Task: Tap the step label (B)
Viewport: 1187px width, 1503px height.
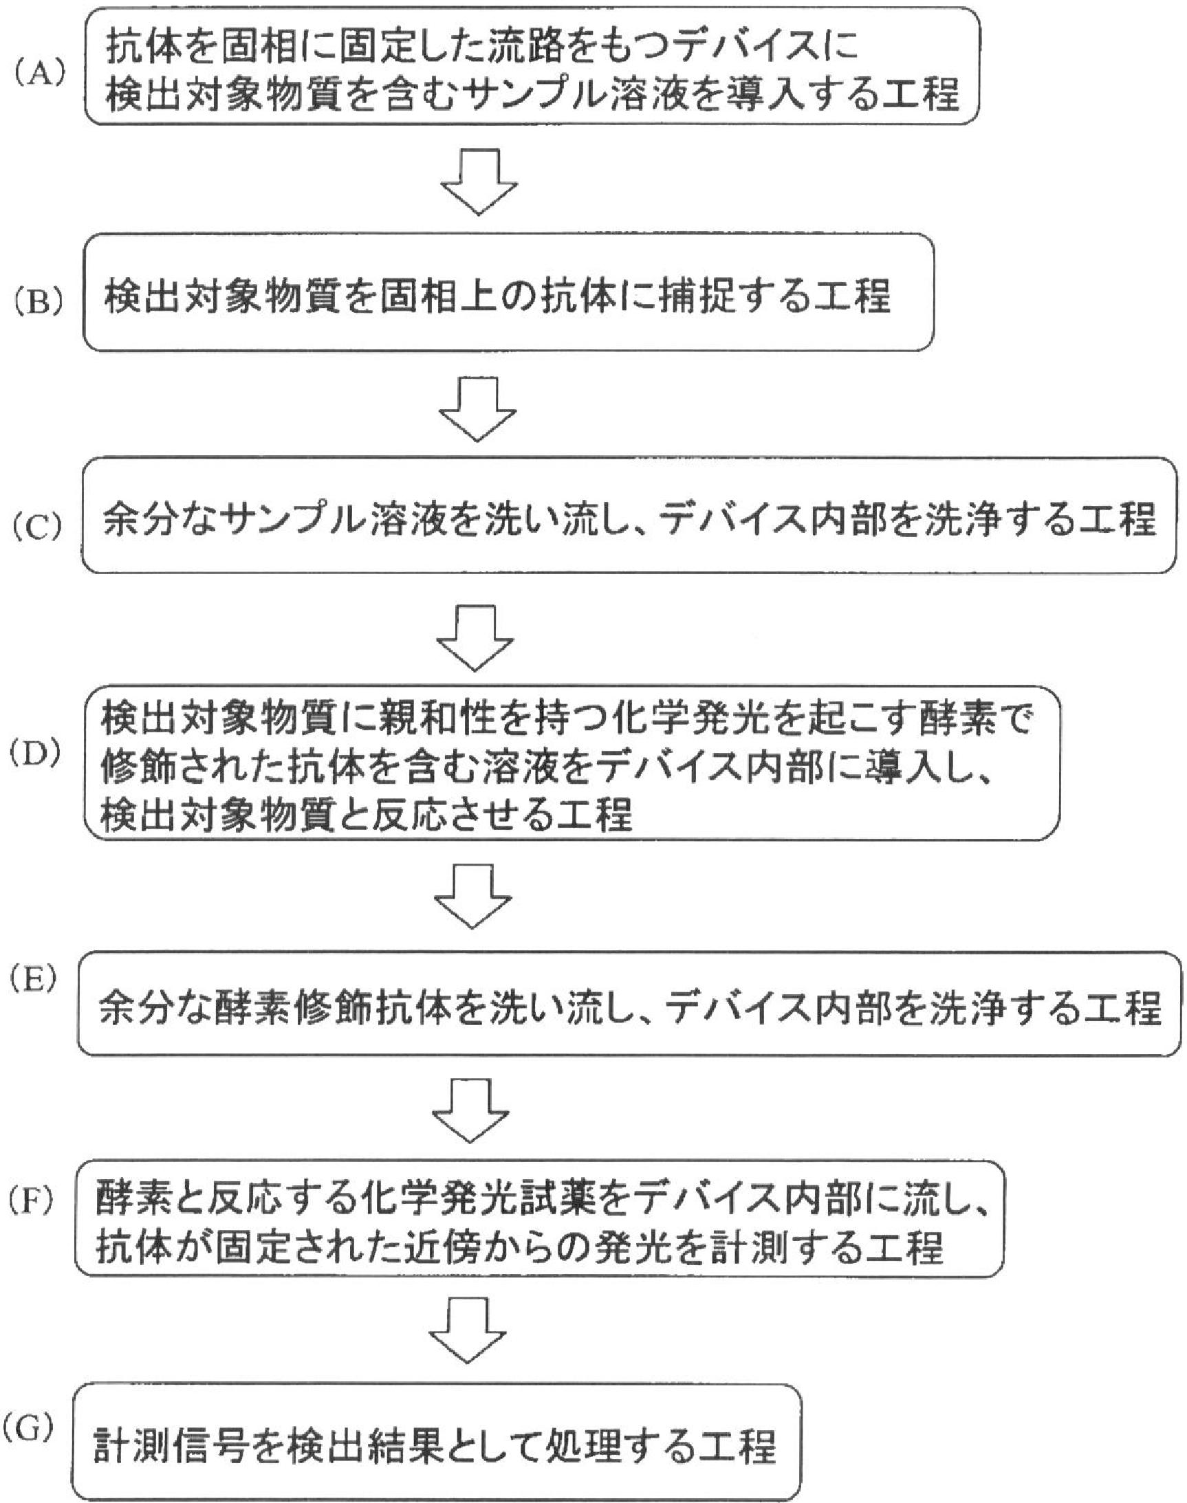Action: point(41,303)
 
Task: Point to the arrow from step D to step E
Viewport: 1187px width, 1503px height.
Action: point(472,897)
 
